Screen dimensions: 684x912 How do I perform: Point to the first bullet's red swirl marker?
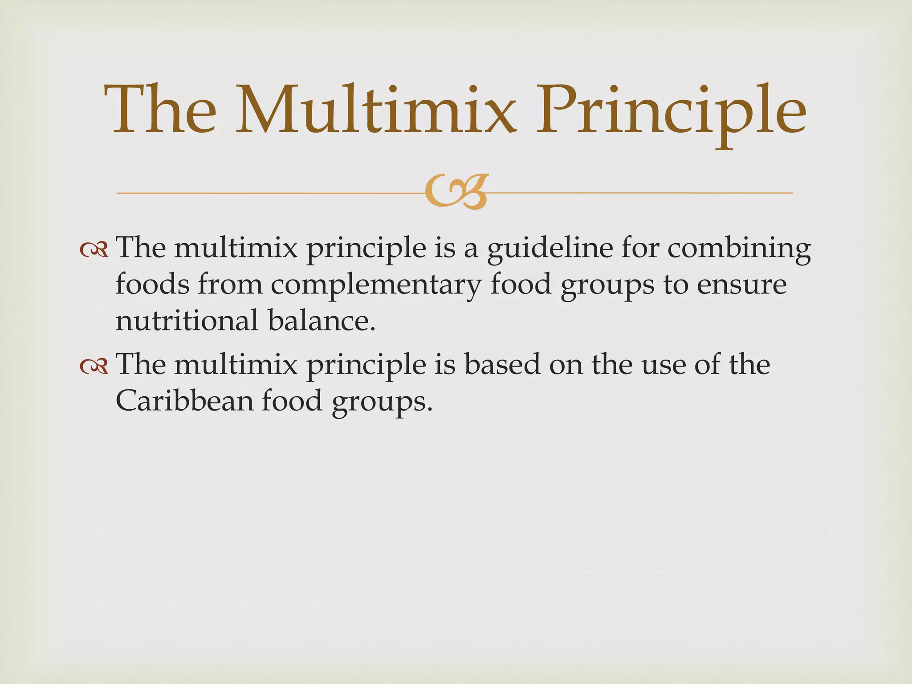coord(94,250)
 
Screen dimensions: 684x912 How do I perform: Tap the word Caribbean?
coord(184,400)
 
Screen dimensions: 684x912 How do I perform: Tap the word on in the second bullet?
coord(566,364)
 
